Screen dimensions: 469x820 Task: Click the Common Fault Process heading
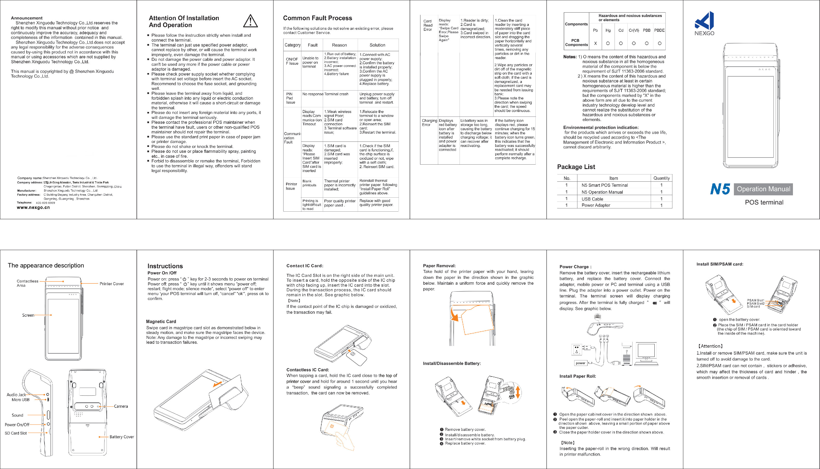pos(317,18)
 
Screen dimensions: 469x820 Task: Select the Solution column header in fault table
pos(377,45)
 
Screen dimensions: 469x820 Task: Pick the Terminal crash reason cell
pos(336,94)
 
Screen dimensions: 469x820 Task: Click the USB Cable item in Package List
pos(592,199)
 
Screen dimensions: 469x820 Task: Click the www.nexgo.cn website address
pos(33,207)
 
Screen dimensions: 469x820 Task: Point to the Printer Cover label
pos(111,284)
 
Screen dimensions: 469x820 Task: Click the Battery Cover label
pos(122,437)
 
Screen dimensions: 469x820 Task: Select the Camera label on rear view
pos(121,406)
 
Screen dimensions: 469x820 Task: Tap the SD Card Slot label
pos(15,433)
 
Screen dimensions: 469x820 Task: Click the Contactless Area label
pos(27,283)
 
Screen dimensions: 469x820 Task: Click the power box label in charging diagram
pos(580,363)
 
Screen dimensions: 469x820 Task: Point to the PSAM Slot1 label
pos(755,300)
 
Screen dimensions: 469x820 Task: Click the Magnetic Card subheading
pos(161,321)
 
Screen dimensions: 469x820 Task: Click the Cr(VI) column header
pos(634,30)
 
